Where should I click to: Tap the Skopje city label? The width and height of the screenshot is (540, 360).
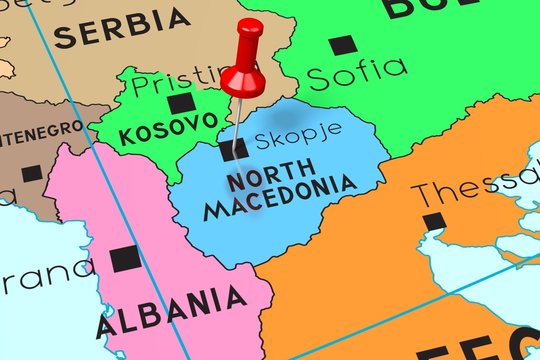coord(297,131)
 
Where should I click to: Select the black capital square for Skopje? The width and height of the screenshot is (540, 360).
coord(233,150)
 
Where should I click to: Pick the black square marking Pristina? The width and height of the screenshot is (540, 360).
coord(181,104)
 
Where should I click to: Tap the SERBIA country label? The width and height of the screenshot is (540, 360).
coord(122,28)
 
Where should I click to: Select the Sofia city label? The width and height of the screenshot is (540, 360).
coord(357,71)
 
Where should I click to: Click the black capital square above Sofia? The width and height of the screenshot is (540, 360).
coord(342,44)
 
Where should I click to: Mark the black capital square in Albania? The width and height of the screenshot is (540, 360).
coord(126,258)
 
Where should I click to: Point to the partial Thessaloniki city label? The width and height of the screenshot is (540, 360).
coord(476,187)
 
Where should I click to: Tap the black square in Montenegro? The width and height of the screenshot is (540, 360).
coord(32,172)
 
